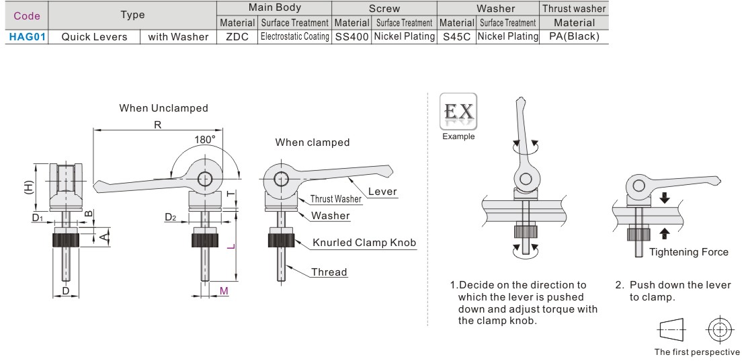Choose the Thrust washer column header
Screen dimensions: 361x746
coord(574,9)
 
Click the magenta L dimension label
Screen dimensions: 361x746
coord(230,247)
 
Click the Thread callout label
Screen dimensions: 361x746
coord(329,272)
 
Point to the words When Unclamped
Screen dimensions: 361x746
coord(163,108)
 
